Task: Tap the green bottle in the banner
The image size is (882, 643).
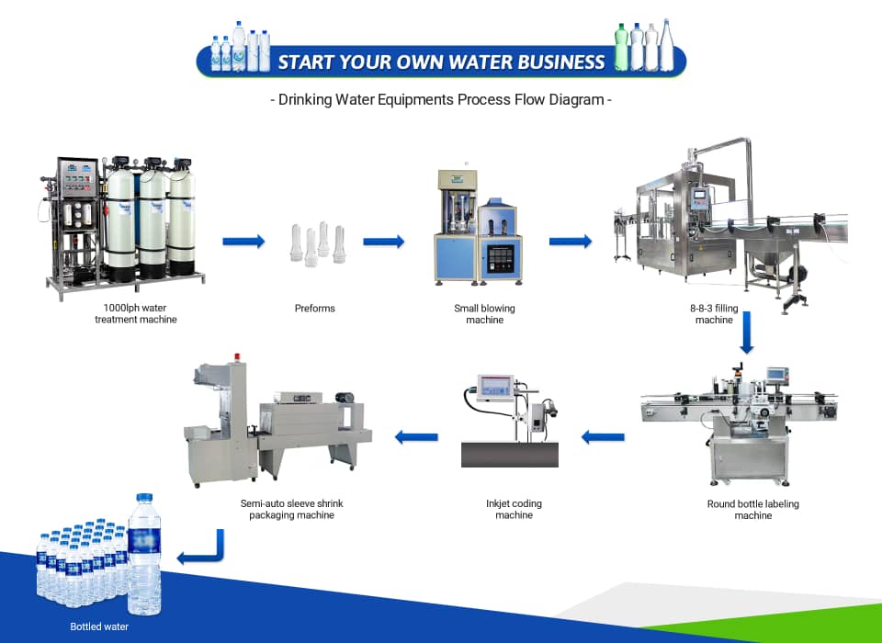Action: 621,47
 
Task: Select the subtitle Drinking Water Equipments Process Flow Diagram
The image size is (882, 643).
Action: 441,99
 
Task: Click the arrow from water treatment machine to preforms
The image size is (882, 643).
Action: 243,242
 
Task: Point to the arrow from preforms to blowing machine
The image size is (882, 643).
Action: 384,242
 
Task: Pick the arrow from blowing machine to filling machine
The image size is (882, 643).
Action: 571,242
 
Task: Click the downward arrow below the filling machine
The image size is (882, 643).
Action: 746,333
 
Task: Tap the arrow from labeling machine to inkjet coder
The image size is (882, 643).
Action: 603,436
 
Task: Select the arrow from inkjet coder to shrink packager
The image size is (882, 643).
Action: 416,436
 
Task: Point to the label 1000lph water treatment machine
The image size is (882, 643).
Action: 136,313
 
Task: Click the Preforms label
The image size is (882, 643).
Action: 314,309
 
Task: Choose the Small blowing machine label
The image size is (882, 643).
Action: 484,314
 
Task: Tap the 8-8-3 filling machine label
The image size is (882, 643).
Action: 714,314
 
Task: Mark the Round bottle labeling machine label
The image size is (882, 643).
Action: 752,510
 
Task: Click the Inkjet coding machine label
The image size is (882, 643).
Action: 514,509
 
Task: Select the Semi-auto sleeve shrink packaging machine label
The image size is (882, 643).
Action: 291,509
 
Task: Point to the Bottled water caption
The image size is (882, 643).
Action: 99,626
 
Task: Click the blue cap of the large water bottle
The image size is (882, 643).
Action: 144,499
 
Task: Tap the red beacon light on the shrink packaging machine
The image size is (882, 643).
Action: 237,356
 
